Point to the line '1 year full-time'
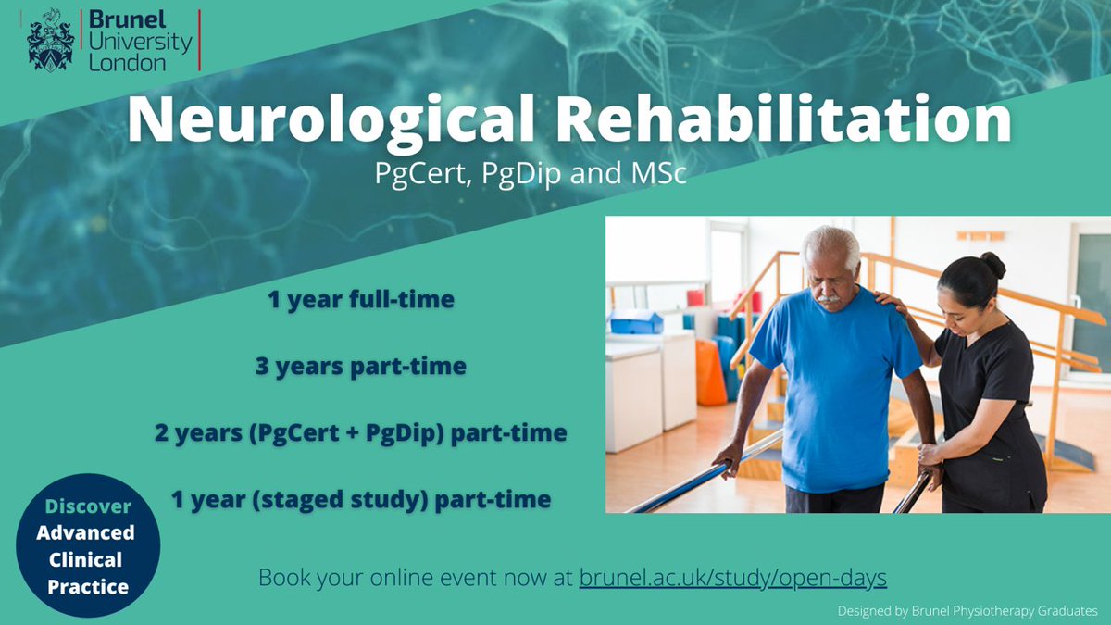(x=361, y=300)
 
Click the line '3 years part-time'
(x=361, y=367)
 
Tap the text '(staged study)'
(x=333, y=500)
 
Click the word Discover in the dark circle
(x=89, y=506)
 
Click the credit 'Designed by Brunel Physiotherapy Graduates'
(x=967, y=611)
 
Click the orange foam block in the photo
(x=709, y=370)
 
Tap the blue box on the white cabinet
(x=636, y=323)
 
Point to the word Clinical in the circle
(x=88, y=559)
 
